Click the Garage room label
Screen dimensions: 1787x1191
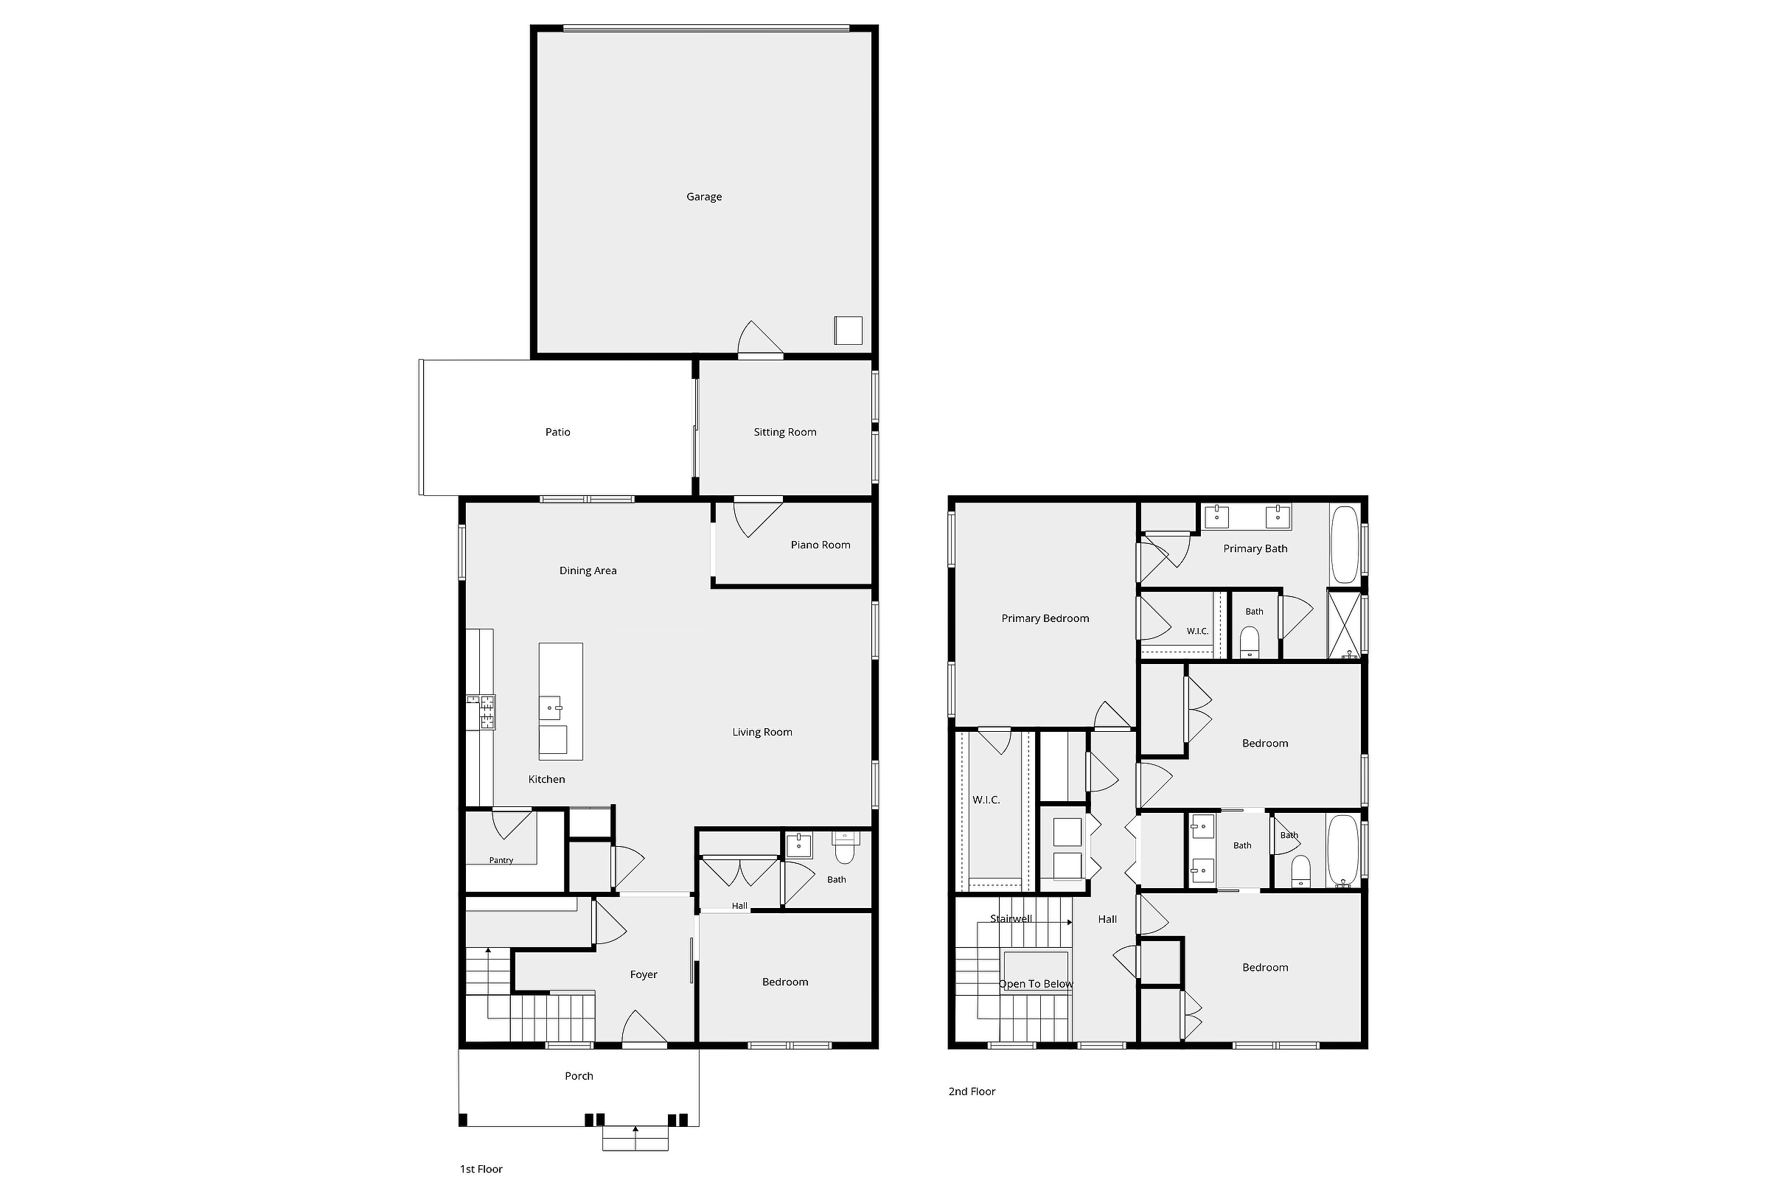point(703,197)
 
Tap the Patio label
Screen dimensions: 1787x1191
point(557,432)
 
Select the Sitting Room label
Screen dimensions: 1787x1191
point(785,432)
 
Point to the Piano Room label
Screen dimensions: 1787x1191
point(821,545)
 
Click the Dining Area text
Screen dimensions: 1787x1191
point(588,570)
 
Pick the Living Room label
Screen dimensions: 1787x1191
point(762,733)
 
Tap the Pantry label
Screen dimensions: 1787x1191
point(501,861)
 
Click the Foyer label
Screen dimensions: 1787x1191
point(644,974)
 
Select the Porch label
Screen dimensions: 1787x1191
point(579,1075)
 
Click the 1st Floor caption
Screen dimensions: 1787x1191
point(481,1169)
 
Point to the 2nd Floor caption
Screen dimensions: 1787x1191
point(972,1092)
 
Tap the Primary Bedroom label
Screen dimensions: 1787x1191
point(1045,618)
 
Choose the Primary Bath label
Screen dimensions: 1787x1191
point(1255,548)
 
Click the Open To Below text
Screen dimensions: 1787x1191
point(1036,984)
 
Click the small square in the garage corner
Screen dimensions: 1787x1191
point(849,330)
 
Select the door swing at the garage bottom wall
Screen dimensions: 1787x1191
point(761,338)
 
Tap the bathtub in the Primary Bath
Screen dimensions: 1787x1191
point(1344,545)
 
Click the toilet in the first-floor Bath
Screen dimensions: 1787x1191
point(845,848)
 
